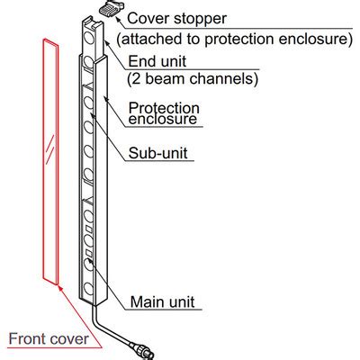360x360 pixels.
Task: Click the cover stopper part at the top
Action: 110,8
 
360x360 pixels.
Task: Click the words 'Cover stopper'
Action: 177,18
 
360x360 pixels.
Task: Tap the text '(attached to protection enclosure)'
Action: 235,40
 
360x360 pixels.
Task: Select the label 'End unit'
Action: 157,61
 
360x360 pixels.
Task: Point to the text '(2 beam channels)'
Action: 193,78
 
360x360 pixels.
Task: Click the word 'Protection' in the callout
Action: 164,108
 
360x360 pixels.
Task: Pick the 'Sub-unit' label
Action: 157,153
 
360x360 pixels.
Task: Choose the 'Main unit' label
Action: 162,301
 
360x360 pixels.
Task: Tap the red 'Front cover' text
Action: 49,339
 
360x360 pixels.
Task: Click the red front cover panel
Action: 50,162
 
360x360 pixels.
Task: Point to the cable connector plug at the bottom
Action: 143,351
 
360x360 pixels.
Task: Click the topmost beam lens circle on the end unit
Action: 88,38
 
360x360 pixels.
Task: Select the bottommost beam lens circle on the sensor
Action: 89,288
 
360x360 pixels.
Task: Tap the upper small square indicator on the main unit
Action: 89,229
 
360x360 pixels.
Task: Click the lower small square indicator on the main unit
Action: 89,253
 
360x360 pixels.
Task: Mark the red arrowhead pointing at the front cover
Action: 61,289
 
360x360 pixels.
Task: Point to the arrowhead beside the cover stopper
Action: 118,19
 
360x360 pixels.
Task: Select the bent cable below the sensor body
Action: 110,326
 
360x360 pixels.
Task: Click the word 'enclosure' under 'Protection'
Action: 163,119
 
